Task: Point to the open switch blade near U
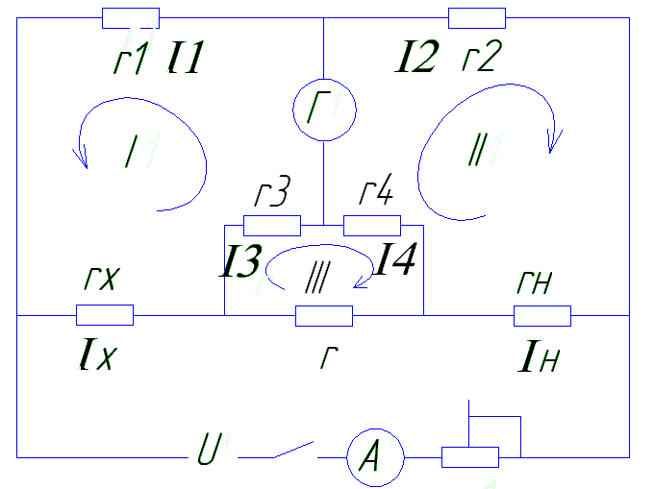293,450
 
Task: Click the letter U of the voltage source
209,449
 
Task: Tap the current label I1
186,57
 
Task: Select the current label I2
416,57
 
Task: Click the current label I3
240,260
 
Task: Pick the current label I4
394,258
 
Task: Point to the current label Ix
97,355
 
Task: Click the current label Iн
539,355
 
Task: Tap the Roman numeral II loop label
478,150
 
